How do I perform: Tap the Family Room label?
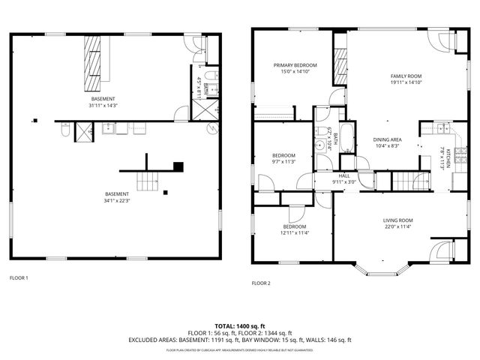[406, 76]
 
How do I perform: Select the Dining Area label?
[388, 139]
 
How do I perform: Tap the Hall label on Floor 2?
[345, 175]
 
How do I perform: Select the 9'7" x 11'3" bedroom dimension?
[283, 161]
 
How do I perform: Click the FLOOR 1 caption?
[19, 278]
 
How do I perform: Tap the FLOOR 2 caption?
[261, 283]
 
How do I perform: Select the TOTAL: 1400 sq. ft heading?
[240, 326]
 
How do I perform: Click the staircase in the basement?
[148, 180]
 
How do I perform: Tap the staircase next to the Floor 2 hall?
[406, 180]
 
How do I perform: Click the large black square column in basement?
[178, 166]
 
